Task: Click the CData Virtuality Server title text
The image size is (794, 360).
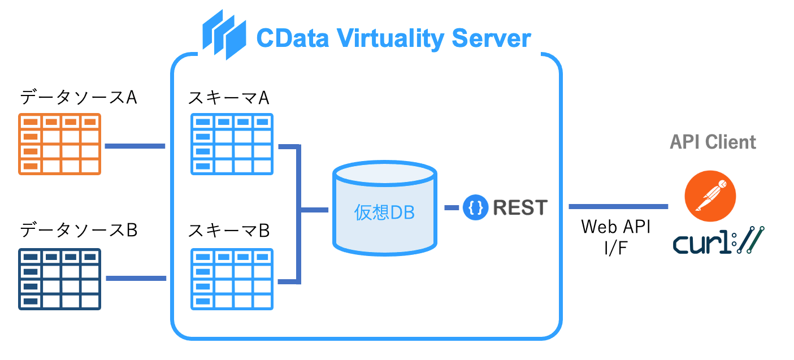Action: pyautogui.click(x=393, y=39)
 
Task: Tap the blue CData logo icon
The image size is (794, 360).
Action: pyautogui.click(x=224, y=35)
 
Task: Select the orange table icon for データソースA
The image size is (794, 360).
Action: pyautogui.click(x=59, y=144)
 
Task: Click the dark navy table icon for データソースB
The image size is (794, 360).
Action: pyautogui.click(x=59, y=279)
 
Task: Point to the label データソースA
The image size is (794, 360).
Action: pyautogui.click(x=79, y=97)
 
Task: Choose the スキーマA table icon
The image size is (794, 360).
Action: pyautogui.click(x=232, y=144)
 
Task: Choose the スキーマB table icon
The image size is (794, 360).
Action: pyautogui.click(x=232, y=279)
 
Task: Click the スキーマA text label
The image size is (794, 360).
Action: pyautogui.click(x=229, y=98)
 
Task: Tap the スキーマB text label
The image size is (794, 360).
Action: pyautogui.click(x=229, y=231)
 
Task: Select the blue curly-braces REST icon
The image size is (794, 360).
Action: pyautogui.click(x=475, y=207)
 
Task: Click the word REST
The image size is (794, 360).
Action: pyautogui.click(x=520, y=207)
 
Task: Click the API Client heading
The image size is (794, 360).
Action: pyautogui.click(x=713, y=142)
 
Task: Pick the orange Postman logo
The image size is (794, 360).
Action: pyautogui.click(x=710, y=196)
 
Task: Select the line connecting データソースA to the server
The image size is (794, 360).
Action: pyautogui.click(x=134, y=146)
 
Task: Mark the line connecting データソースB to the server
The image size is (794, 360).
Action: pyautogui.click(x=136, y=278)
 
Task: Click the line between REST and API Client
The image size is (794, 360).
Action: pyautogui.click(x=618, y=207)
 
